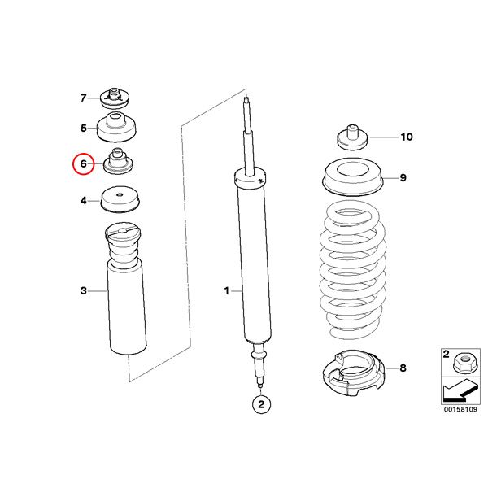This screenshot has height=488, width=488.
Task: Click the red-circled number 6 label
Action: pos(83,163)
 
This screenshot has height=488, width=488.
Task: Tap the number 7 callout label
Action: pos(83,98)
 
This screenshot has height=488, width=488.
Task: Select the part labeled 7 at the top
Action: pos(115,98)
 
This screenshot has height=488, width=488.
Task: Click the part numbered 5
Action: pos(116,127)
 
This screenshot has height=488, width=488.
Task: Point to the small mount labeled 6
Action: pos(119,161)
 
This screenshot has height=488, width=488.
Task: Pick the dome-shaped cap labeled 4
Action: pos(120,199)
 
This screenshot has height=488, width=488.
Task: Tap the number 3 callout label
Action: pos(84,290)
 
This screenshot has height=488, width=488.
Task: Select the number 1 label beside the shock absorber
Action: pos(227,291)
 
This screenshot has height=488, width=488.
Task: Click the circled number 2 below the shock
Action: pos(261,404)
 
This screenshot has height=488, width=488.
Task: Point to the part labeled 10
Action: pos(353,137)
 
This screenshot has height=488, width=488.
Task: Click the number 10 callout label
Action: pos(407,137)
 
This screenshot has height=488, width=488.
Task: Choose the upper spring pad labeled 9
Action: pos(353,176)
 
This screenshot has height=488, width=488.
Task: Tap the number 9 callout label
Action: pos(403,177)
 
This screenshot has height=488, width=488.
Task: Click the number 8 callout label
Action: pos(403,368)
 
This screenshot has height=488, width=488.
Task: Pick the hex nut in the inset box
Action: pos(463,363)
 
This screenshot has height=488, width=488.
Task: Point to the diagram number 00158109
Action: pos(460,409)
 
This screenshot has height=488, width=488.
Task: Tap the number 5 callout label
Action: pos(84,128)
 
